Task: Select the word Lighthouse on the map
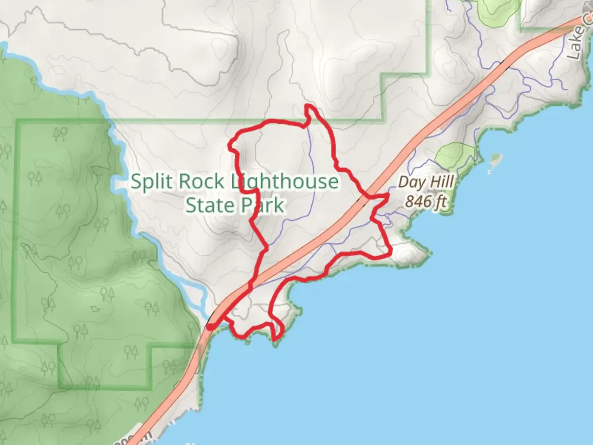click(x=284, y=182)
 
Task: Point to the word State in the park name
click(x=206, y=205)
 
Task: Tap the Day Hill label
click(x=426, y=182)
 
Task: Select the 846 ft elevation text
click(x=426, y=201)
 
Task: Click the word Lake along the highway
click(x=576, y=41)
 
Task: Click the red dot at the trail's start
click(x=210, y=327)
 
